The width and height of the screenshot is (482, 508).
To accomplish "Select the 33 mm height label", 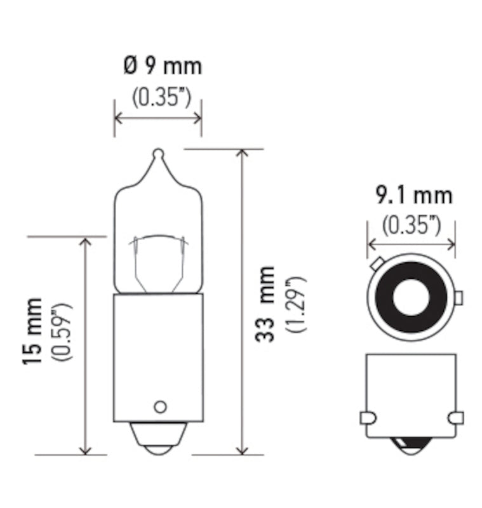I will [265, 304].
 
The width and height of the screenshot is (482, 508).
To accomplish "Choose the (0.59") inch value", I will [64, 331].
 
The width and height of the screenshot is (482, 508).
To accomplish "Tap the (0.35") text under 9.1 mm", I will [412, 225].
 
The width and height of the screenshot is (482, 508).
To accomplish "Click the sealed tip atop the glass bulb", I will [158, 154].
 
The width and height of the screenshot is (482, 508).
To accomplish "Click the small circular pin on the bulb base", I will [159, 406].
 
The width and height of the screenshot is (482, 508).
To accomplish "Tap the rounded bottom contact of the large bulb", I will [158, 441].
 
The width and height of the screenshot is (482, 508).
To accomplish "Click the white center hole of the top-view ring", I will [411, 297].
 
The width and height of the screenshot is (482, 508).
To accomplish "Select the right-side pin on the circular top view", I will [459, 297].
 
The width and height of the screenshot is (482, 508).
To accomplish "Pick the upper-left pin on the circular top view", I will [376, 262].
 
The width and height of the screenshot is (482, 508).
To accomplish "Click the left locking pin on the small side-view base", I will [368, 418].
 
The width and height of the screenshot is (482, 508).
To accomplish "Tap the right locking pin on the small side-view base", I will [455, 418].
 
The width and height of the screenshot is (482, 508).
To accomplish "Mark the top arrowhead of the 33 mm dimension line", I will [242, 154].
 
